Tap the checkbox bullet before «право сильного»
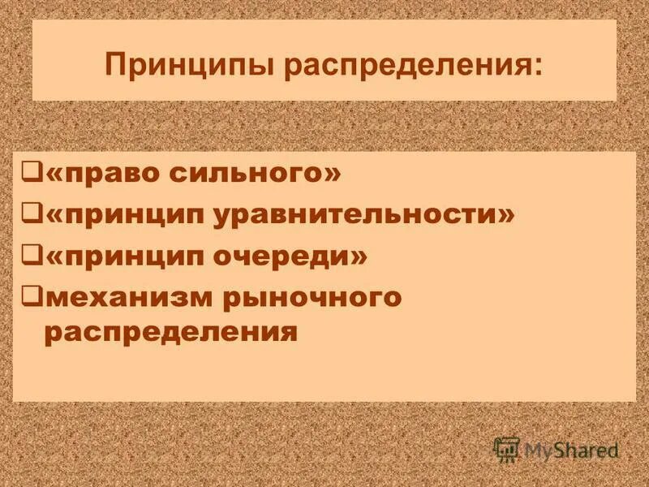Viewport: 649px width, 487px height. pos(32,173)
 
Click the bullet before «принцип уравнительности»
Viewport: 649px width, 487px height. pos(32,213)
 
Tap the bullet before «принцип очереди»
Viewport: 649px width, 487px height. pos(32,256)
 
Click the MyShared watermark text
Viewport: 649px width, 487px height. pos(571,449)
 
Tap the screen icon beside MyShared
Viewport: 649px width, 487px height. pos(506,448)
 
